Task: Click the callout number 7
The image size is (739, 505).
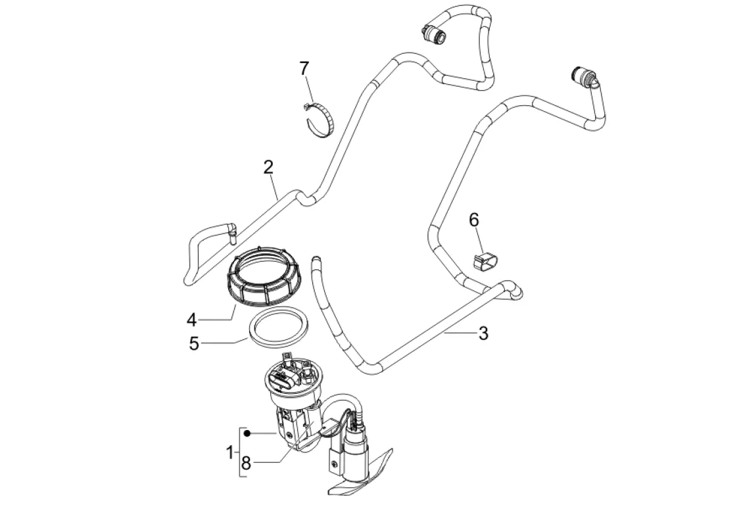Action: (304, 68)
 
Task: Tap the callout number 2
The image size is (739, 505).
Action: (268, 167)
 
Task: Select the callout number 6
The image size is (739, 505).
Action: (473, 220)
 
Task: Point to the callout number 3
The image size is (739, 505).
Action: (483, 333)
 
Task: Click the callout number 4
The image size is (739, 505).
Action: (191, 320)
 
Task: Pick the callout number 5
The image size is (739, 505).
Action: (194, 344)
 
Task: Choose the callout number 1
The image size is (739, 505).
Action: (230, 452)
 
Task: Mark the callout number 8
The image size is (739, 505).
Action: (246, 463)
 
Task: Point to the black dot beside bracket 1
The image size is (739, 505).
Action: (247, 433)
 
